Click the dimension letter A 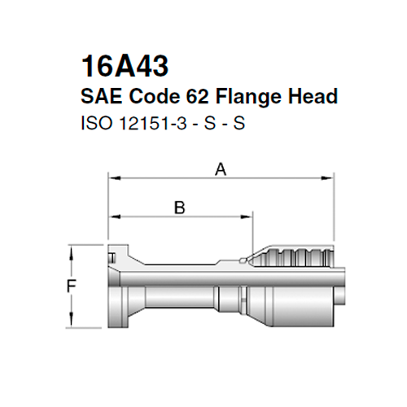(x=218, y=168)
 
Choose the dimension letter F (x=71, y=287)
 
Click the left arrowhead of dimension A (x=114, y=177)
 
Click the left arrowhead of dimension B (x=114, y=216)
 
